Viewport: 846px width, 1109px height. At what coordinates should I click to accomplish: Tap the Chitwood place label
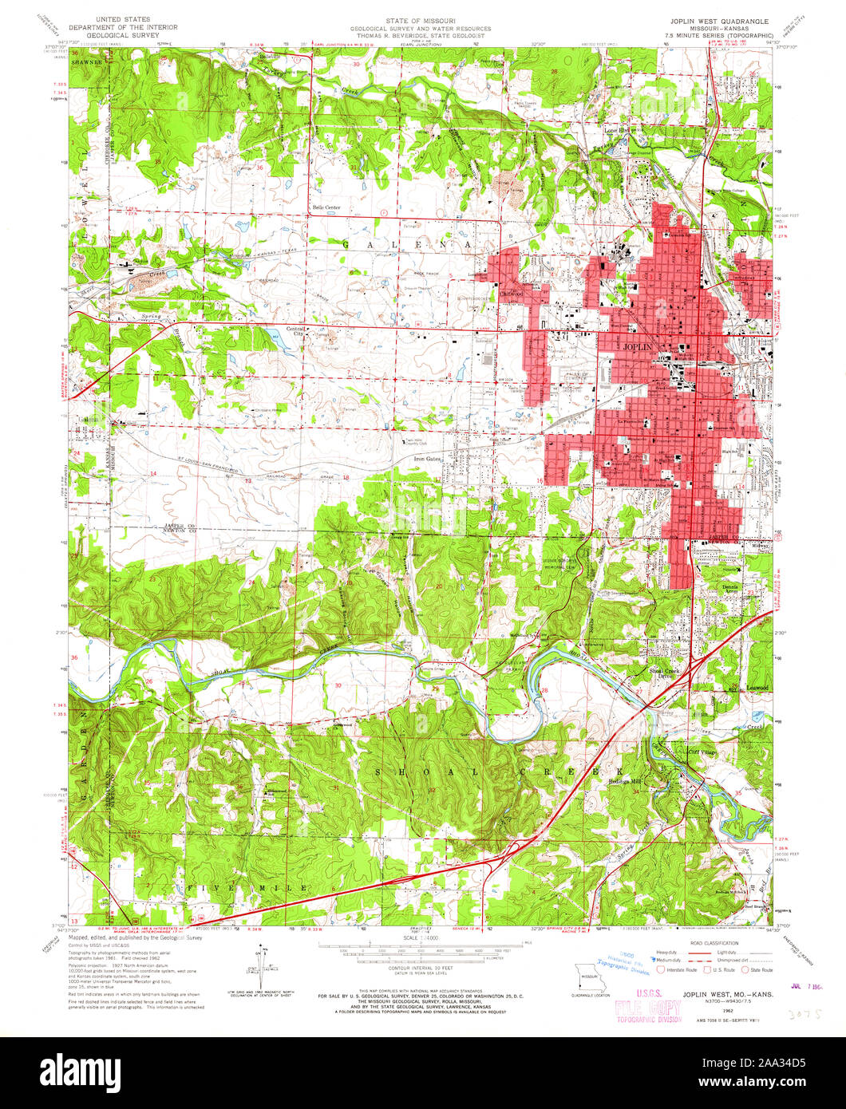click(511, 294)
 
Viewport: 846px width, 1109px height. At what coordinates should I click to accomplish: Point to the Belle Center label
click(326, 207)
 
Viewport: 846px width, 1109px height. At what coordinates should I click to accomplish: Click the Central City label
click(297, 332)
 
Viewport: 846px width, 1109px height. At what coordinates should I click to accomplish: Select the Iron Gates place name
click(427, 460)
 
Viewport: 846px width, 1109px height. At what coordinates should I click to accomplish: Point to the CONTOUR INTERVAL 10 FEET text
click(422, 966)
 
